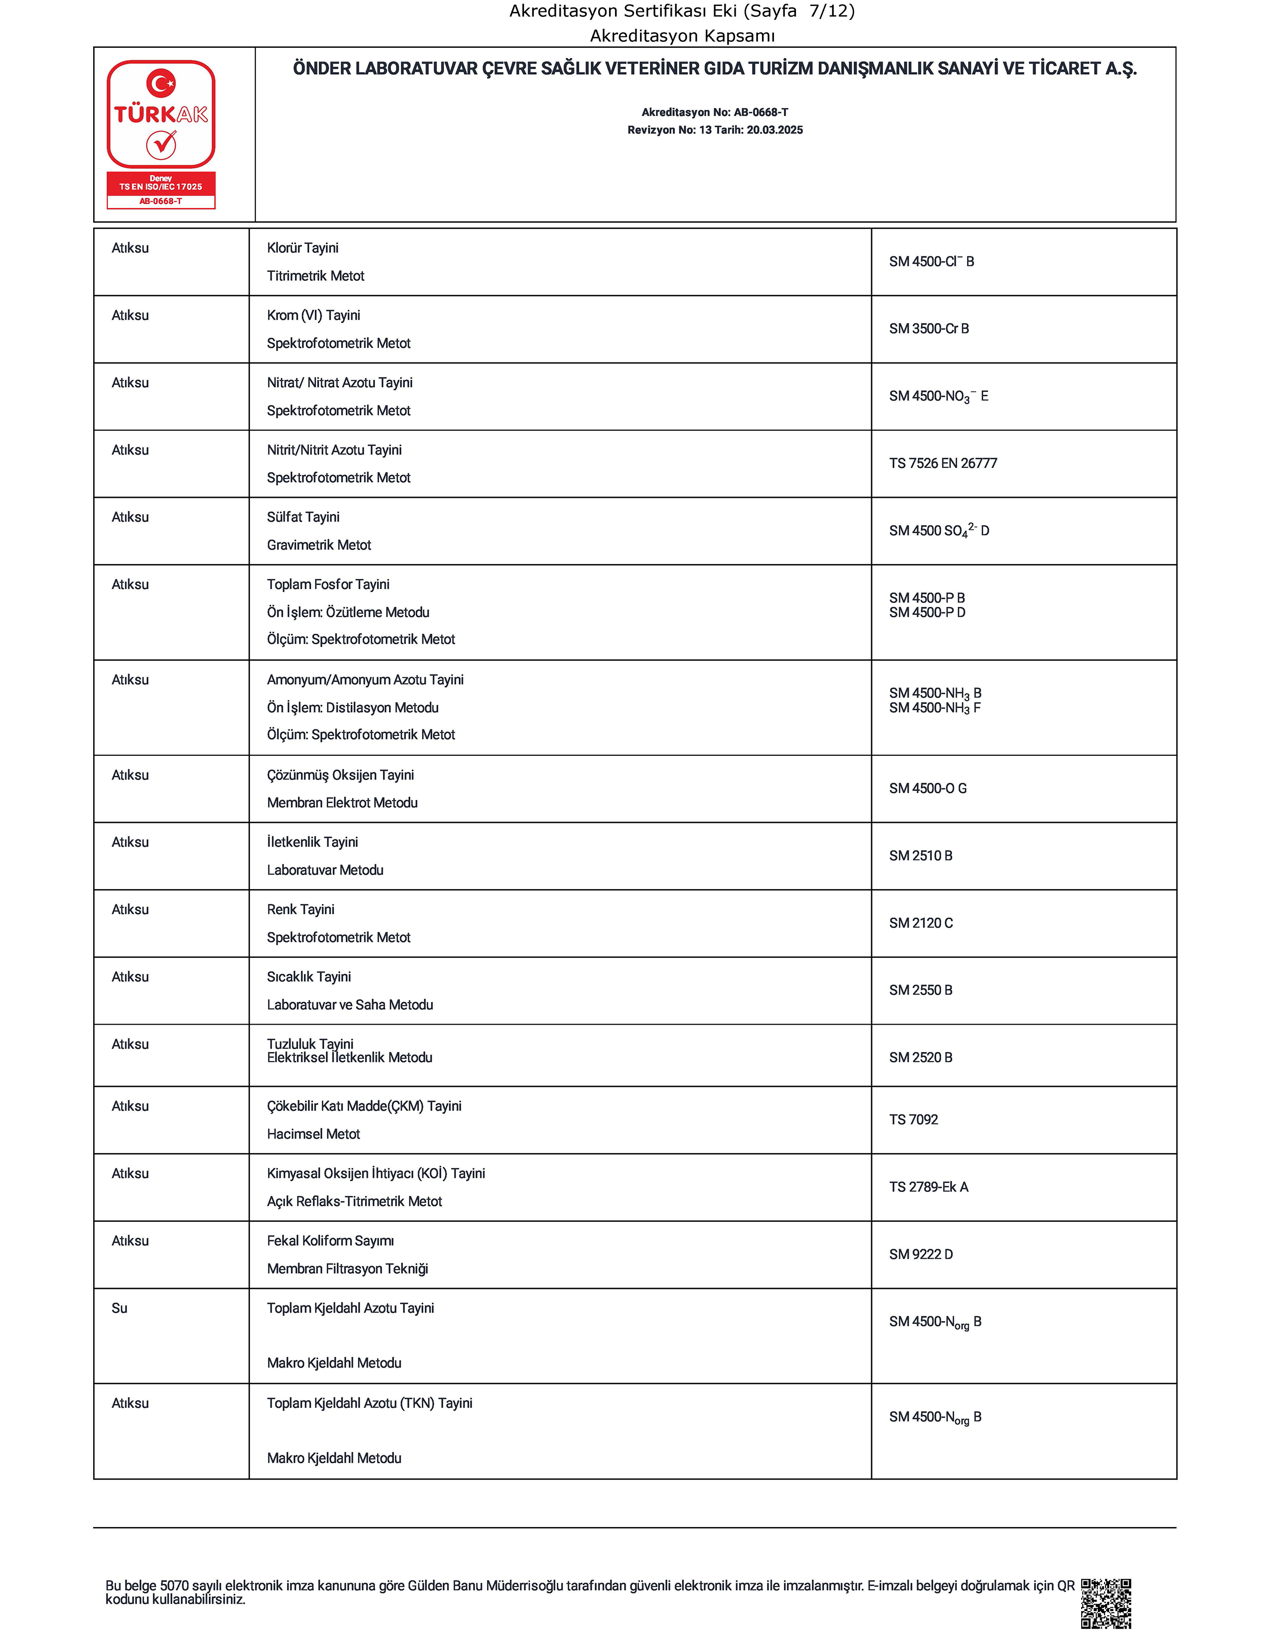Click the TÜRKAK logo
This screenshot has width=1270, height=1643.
161,134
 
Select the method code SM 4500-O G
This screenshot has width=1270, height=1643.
928,789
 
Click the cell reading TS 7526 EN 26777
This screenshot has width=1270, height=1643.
943,464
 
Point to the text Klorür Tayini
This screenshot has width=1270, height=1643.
302,248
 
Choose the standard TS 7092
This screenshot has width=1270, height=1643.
913,1119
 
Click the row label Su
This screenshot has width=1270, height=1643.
120,1308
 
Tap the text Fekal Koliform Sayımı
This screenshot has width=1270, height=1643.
330,1241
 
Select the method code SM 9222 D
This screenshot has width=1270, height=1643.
921,1254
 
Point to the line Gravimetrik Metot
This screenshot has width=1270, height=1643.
319,545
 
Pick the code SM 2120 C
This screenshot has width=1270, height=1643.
921,923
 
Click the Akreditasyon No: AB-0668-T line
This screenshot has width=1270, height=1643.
715,112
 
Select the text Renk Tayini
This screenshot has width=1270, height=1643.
300,910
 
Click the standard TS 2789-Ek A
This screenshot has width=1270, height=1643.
928,1187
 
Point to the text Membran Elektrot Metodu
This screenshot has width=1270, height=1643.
342,803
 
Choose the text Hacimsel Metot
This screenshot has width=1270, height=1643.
314,1134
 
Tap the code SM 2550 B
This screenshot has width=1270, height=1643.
921,990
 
